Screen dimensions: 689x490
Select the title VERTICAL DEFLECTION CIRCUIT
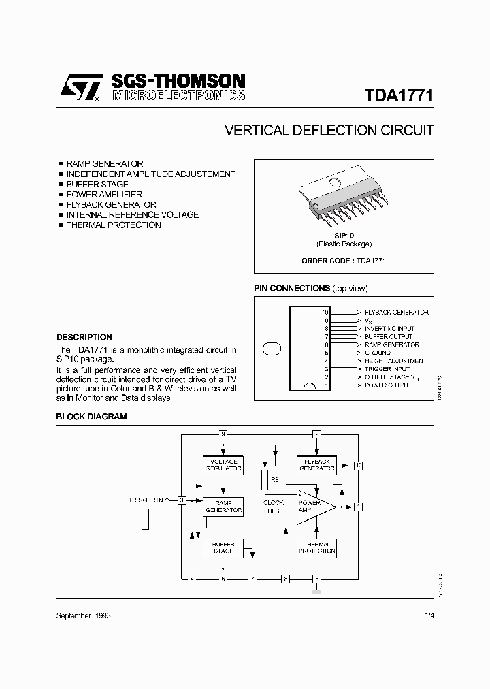(x=329, y=130)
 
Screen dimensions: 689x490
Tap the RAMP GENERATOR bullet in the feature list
(x=104, y=164)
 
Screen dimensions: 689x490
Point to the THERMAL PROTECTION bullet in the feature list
(x=113, y=225)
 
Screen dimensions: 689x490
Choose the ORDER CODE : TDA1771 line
(x=344, y=261)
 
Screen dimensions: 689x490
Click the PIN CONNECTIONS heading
(x=292, y=289)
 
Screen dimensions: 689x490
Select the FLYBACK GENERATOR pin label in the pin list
(x=396, y=313)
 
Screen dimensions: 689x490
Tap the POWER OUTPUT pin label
(x=388, y=385)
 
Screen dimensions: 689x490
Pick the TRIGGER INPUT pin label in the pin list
(x=387, y=369)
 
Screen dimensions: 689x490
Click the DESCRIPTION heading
(x=84, y=337)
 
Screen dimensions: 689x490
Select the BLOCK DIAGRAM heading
(x=91, y=416)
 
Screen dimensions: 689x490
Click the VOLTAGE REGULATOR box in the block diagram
(x=223, y=465)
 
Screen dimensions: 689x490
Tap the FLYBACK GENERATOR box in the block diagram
(x=317, y=465)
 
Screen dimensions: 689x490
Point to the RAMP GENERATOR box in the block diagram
(x=223, y=507)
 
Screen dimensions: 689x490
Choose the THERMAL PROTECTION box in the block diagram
(x=317, y=548)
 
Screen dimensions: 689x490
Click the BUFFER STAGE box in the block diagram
(x=223, y=548)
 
